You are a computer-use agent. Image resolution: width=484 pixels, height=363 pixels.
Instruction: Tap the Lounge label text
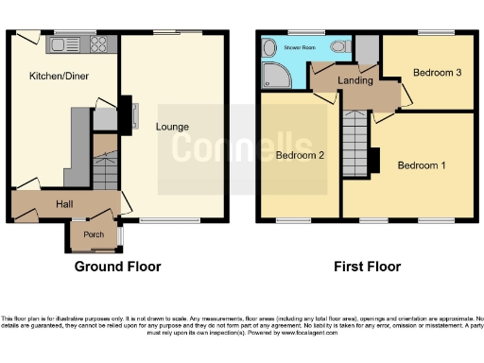coord(173,127)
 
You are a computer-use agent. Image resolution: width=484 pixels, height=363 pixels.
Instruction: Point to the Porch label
coord(93,235)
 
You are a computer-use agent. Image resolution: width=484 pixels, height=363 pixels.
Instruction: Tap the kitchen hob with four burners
coord(99,43)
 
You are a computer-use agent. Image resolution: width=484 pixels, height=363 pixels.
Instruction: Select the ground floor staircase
coord(105,166)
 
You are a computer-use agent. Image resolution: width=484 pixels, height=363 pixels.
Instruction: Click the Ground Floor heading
coord(117,267)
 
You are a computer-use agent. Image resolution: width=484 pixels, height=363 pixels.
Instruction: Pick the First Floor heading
coord(367,267)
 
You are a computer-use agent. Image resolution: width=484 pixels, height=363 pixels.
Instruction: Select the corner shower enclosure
coord(275,77)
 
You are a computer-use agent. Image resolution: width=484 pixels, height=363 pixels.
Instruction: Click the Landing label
coord(361,81)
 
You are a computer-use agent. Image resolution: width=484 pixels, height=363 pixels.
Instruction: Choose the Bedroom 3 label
coord(437,73)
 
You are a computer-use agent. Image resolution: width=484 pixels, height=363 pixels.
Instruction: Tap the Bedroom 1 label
coord(419,165)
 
